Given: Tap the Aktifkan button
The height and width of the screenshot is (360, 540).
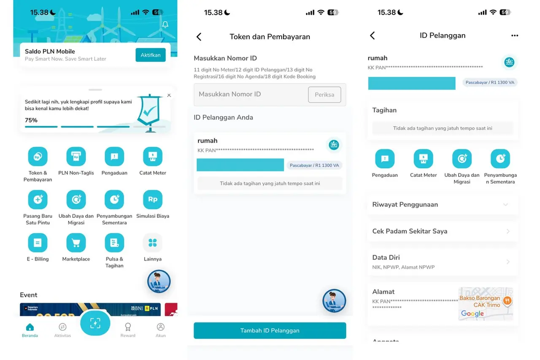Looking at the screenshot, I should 150,55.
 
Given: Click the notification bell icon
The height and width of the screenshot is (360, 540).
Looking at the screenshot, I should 165,24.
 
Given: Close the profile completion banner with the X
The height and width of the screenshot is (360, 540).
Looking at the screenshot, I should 169,95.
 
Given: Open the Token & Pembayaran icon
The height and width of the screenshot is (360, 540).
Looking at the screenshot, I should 38,157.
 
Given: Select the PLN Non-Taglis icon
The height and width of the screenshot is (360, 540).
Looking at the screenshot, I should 76,157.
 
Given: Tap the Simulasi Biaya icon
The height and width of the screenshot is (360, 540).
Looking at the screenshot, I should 153,200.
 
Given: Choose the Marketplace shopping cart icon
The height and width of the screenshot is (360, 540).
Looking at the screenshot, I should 76,243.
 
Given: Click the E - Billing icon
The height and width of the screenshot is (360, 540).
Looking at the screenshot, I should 38,243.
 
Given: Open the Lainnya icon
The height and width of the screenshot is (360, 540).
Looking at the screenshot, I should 153,243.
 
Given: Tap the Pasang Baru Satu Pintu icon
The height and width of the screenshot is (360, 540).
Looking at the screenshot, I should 38,200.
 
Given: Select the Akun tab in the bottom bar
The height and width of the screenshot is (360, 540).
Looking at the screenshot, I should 161,329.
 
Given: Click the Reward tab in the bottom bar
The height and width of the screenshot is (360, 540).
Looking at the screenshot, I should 128,329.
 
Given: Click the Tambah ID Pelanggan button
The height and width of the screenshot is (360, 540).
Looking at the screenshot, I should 270,330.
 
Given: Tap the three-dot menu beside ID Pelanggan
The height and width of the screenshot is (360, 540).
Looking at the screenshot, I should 515,36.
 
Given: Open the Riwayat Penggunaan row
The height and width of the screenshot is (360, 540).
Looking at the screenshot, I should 443,205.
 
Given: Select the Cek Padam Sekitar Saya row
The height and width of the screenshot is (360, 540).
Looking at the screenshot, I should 443,231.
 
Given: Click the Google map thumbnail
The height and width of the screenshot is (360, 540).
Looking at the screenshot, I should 486,304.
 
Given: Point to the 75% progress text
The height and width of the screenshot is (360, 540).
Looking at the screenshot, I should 31,120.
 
